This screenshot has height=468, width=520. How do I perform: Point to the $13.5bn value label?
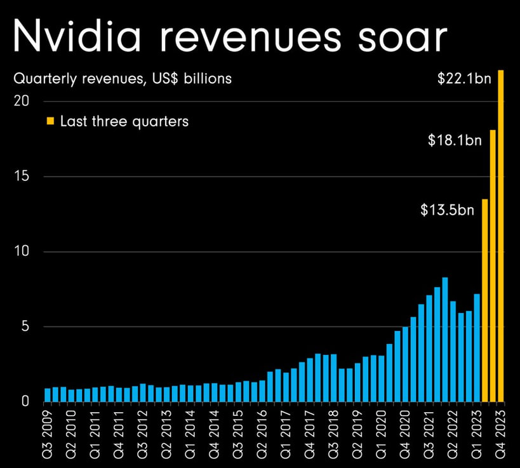448,210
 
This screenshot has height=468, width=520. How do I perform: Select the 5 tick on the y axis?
24,327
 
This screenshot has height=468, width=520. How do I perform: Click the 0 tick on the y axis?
24,401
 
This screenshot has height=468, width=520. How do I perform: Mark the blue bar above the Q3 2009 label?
48,395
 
